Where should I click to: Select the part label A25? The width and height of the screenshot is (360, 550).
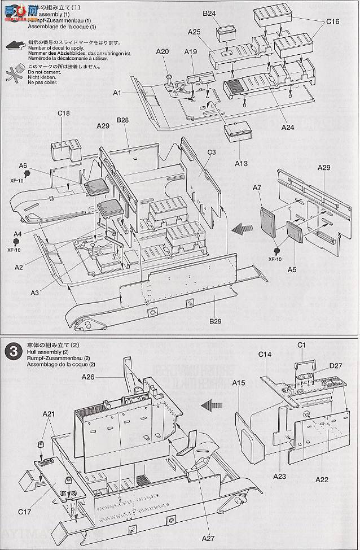click(195, 32)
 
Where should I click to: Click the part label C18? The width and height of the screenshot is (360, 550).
click(64, 113)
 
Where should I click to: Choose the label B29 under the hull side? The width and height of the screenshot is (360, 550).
click(216, 321)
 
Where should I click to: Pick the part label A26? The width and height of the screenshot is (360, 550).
click(88, 376)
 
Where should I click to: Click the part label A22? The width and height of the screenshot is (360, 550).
click(322, 479)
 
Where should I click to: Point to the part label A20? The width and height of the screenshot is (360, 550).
click(163, 51)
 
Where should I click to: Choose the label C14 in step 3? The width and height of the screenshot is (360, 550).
click(265, 354)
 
